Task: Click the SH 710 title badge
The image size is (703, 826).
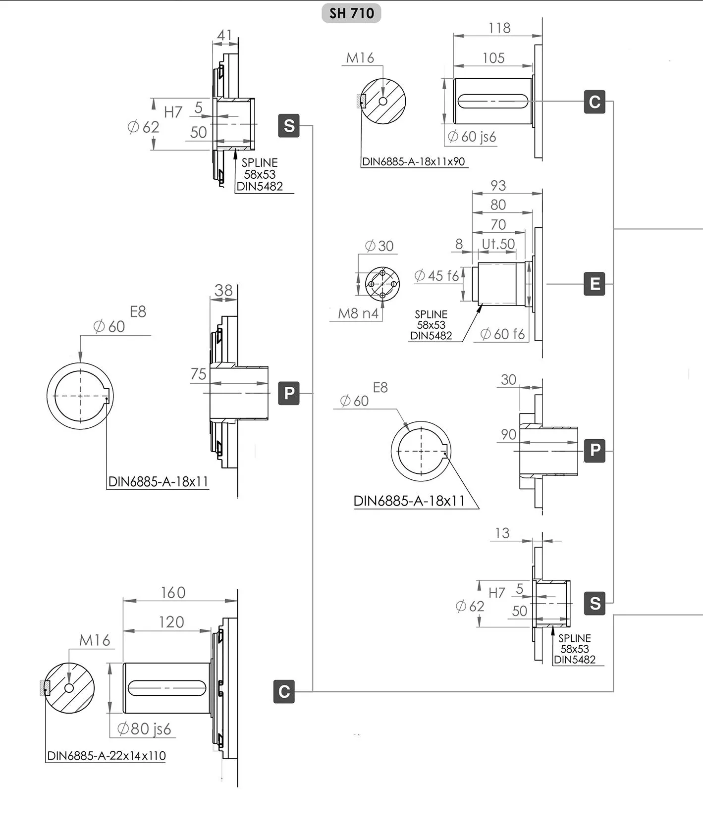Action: point(351,13)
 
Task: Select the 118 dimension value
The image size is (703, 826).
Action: point(499,28)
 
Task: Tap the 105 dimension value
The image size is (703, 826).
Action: point(493,58)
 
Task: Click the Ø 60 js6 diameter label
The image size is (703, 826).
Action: point(472,136)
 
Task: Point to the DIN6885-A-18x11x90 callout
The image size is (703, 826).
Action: point(414,161)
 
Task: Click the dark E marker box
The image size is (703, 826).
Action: point(595,284)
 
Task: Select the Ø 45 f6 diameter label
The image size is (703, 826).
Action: point(436,275)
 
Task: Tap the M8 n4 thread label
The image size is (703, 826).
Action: point(358,313)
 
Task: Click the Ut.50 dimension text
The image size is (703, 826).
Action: point(498,244)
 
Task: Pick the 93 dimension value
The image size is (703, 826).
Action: point(498,185)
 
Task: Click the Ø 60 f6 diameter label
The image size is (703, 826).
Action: point(502,334)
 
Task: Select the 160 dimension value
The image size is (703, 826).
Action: point(173,592)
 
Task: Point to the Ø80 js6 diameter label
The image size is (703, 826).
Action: point(144,728)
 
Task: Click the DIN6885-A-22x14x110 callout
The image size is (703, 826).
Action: point(107,756)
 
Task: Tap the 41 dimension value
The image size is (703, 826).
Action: point(224,35)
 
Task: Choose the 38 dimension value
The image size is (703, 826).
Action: point(223,290)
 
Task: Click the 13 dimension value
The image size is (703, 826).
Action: point(502,533)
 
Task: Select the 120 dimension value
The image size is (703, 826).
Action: point(171,622)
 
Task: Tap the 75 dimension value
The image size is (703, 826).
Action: point(198,374)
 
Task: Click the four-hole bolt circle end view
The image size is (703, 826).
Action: point(382,284)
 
